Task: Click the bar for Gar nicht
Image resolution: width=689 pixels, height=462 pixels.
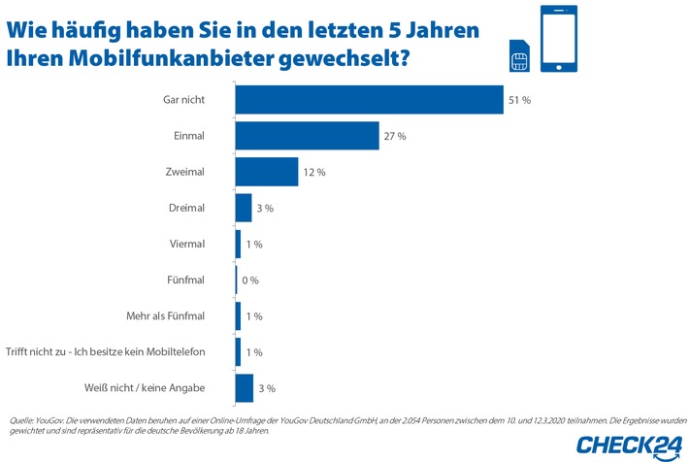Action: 369,100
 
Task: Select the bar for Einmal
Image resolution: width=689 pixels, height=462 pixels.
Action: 307,136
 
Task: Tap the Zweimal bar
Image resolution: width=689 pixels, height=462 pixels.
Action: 267,172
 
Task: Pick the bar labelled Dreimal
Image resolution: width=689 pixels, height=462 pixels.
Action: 244,208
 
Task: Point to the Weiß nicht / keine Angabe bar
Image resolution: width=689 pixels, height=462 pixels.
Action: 244,387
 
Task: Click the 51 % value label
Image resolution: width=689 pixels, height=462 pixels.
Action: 519,100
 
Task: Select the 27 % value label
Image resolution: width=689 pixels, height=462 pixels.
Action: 395,136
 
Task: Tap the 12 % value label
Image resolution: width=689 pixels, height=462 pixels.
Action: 314,172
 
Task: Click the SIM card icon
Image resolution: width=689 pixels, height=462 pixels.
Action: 517,57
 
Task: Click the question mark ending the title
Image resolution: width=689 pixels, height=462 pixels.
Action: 402,57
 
